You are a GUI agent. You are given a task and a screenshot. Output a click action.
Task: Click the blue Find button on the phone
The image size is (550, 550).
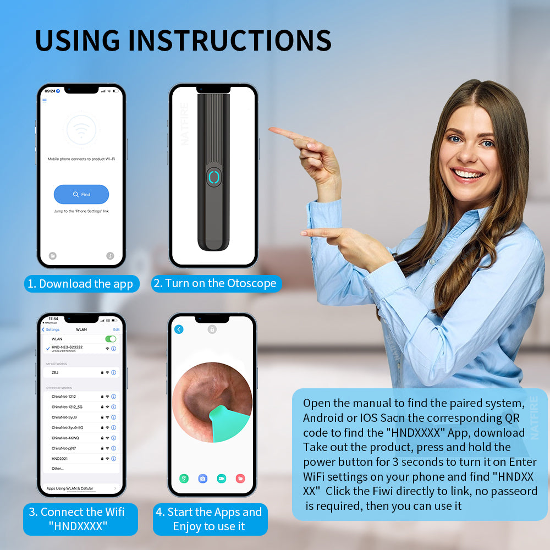click(81, 194)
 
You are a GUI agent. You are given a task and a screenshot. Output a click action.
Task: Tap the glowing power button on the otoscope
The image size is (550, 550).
click(213, 178)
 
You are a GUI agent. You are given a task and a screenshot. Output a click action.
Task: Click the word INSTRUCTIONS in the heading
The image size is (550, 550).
click(229, 40)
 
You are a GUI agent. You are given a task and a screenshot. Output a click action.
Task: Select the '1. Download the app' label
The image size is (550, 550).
click(81, 284)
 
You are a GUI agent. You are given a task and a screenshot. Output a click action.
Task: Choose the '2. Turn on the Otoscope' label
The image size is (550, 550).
click(216, 283)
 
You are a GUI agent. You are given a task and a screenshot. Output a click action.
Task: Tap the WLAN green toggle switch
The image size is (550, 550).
click(111, 339)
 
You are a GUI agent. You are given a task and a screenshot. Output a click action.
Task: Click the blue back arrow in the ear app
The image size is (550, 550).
click(179, 329)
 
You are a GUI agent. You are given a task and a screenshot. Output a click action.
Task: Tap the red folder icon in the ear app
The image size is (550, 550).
click(240, 479)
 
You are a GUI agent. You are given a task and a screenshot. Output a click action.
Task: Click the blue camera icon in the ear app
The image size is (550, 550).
click(203, 479)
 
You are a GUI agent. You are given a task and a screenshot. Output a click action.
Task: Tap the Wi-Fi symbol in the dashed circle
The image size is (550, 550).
click(81, 130)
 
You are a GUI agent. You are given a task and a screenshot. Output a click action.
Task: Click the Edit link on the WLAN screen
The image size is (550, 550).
click(116, 329)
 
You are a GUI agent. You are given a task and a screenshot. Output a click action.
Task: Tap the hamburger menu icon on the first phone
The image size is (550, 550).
click(45, 101)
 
